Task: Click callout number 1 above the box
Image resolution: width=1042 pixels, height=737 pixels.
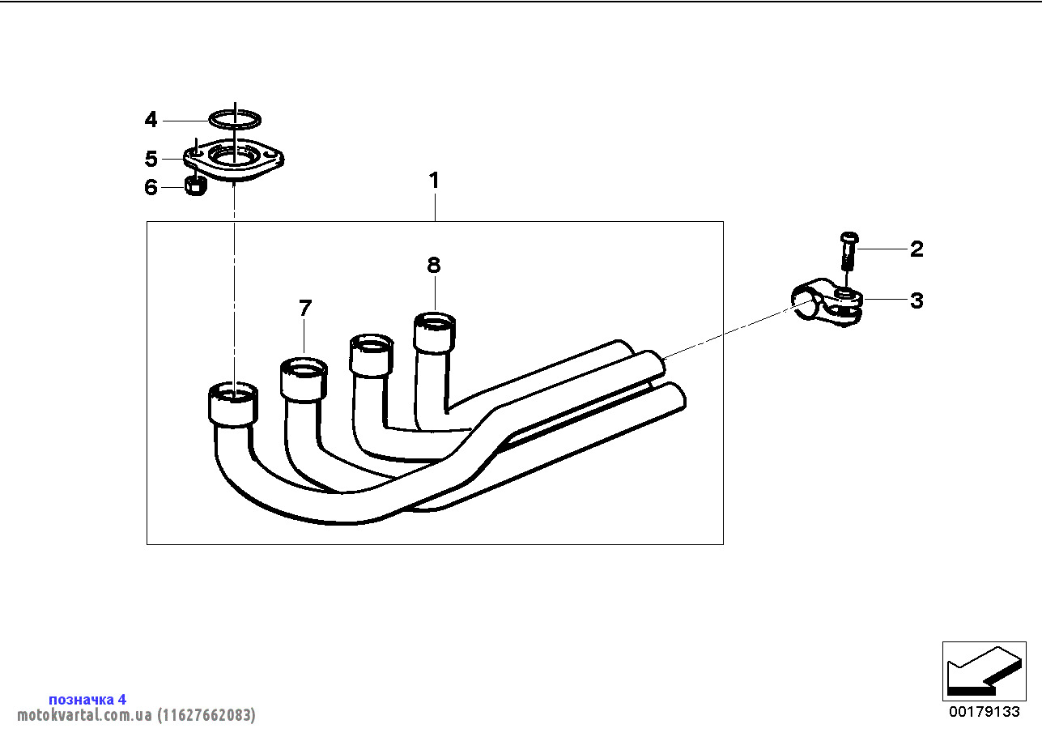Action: [434, 181]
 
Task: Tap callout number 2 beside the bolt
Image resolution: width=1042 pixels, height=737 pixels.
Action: [916, 249]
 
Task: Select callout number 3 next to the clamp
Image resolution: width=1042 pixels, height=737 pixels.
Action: [916, 300]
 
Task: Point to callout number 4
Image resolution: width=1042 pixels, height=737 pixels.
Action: [151, 121]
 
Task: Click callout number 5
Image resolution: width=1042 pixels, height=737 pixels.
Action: [151, 159]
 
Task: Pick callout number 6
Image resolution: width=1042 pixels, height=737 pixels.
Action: [151, 188]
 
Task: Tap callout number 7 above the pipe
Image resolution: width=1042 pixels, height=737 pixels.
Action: [304, 308]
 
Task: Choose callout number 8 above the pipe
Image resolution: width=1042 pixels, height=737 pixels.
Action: [434, 265]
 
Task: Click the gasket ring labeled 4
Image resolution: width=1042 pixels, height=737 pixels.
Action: [235, 120]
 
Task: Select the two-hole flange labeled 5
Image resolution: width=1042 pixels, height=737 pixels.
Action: [234, 160]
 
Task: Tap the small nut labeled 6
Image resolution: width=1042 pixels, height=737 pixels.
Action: [195, 186]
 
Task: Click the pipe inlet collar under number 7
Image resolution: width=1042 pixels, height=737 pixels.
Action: [304, 380]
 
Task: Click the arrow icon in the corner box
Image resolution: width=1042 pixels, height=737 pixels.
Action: [983, 671]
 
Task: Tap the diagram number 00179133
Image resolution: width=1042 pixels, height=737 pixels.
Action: [984, 712]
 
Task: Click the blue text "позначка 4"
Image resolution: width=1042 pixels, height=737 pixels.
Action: [87, 699]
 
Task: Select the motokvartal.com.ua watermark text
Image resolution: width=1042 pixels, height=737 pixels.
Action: [136, 715]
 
